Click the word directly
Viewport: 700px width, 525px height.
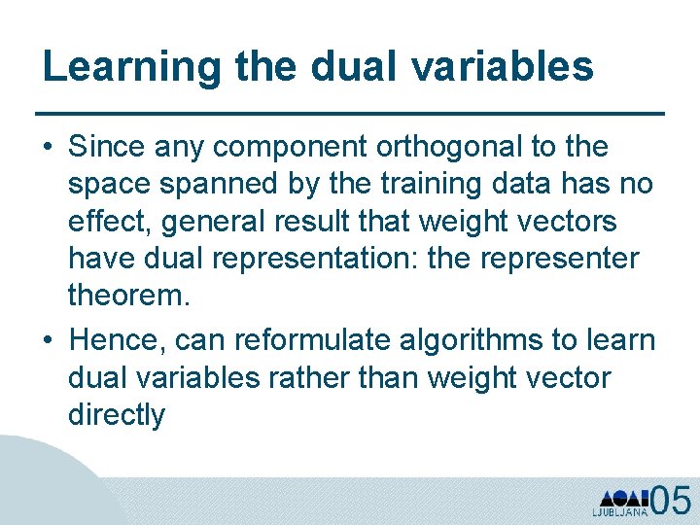(117, 415)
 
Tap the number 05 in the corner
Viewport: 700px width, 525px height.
(671, 500)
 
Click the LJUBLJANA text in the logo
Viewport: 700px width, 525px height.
(618, 510)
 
